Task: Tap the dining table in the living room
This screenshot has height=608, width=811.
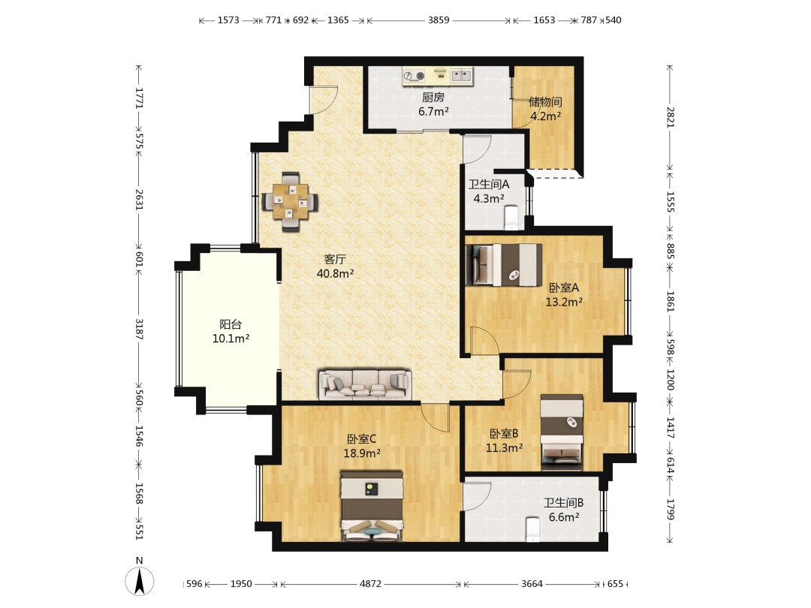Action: pyautogui.click(x=290, y=201)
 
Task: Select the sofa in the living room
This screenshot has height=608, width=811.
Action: pyautogui.click(x=365, y=384)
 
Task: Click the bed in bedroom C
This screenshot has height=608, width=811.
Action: pyautogui.click(x=372, y=506)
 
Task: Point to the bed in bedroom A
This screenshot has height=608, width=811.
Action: pyautogui.click(x=504, y=265)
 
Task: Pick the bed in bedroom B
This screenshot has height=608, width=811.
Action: pyautogui.click(x=562, y=433)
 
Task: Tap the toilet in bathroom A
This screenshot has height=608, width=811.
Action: pyautogui.click(x=511, y=218)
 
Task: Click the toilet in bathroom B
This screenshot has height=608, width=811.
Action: pyautogui.click(x=532, y=530)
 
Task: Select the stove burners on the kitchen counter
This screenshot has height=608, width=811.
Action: pyautogui.click(x=415, y=77)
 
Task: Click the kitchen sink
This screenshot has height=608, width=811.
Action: pyautogui.click(x=461, y=76)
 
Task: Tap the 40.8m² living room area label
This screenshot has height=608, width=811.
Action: pyautogui.click(x=335, y=273)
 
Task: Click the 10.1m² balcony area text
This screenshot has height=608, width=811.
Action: pyautogui.click(x=231, y=339)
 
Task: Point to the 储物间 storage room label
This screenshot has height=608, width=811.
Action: pyautogui.click(x=545, y=102)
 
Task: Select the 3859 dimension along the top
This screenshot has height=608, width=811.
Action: pyautogui.click(x=438, y=20)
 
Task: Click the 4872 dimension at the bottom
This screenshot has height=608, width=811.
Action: pyautogui.click(x=370, y=584)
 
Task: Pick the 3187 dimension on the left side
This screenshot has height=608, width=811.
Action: pyautogui.click(x=139, y=329)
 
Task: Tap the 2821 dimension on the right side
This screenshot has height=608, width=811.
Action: pyautogui.click(x=670, y=117)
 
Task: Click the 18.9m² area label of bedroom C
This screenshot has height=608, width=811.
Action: pyautogui.click(x=362, y=453)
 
